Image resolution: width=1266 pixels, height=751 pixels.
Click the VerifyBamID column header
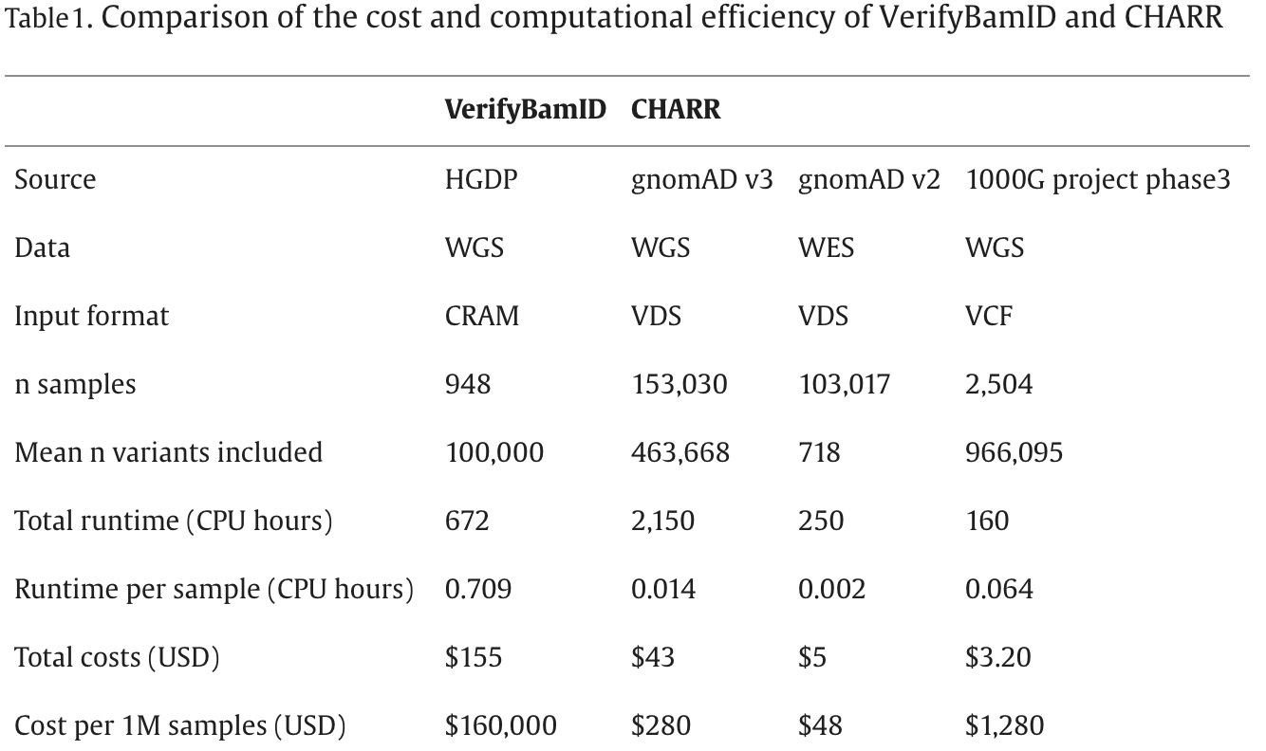[525, 110]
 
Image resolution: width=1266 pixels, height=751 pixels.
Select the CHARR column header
[676, 110]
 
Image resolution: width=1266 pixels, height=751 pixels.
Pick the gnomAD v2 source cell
[868, 179]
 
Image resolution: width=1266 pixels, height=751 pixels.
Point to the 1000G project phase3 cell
[1097, 179]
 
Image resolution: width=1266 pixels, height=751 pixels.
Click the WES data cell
[826, 247]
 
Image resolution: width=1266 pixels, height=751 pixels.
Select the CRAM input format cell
[482, 316]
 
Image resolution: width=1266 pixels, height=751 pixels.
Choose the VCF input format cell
[989, 316]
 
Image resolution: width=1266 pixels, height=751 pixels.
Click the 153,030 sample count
[680, 384]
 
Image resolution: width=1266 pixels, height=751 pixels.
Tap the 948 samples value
[468, 384]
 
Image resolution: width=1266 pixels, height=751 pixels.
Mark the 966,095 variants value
[1014, 452]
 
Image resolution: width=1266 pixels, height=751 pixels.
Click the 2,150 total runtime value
[662, 521]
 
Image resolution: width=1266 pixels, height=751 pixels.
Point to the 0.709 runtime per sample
[477, 589]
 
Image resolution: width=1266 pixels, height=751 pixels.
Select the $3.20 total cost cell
[997, 657]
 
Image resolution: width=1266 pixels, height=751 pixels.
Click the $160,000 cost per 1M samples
[500, 726]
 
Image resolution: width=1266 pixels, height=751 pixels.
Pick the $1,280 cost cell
[1004, 726]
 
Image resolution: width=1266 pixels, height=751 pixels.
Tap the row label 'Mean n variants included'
[168, 452]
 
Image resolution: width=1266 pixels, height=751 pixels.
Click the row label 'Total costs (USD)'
[117, 657]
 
